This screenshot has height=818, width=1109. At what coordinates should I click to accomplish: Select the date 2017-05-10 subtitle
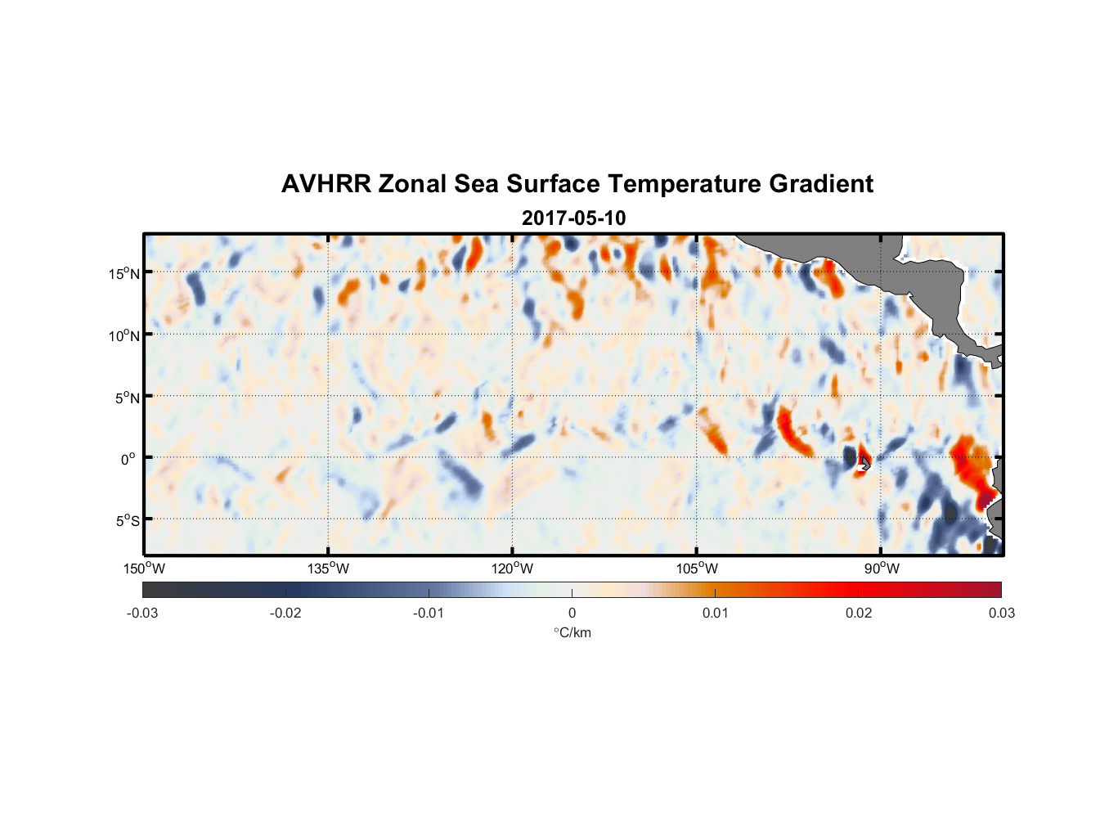pyautogui.click(x=573, y=218)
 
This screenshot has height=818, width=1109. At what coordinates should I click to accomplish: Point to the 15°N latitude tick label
pyautogui.click(x=124, y=273)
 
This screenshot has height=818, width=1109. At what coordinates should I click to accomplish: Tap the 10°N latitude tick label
pyautogui.click(x=124, y=335)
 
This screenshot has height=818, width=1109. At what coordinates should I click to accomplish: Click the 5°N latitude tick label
pyautogui.click(x=128, y=398)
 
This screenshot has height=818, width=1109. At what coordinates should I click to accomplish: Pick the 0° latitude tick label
pyautogui.click(x=128, y=459)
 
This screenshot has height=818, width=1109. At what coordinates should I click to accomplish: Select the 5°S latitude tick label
pyautogui.click(x=128, y=521)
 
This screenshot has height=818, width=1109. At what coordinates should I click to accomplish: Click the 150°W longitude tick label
pyautogui.click(x=144, y=569)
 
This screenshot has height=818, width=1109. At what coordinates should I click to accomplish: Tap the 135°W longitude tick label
pyautogui.click(x=328, y=569)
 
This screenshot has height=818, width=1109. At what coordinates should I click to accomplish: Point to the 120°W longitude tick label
pyautogui.click(x=512, y=569)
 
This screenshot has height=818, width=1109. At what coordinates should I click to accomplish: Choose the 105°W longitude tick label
pyautogui.click(x=697, y=569)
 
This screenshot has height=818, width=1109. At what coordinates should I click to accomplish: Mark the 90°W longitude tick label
pyautogui.click(x=882, y=569)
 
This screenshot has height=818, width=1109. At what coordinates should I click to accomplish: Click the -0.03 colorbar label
pyautogui.click(x=142, y=613)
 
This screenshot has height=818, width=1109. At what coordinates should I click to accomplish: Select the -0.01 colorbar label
pyautogui.click(x=429, y=613)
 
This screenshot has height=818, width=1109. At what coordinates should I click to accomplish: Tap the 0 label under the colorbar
pyautogui.click(x=572, y=613)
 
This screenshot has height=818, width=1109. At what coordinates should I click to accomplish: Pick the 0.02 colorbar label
pyautogui.click(x=859, y=613)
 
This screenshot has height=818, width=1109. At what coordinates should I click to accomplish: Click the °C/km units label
pyautogui.click(x=572, y=632)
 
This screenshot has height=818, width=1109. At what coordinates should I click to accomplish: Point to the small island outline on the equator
pyautogui.click(x=864, y=463)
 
